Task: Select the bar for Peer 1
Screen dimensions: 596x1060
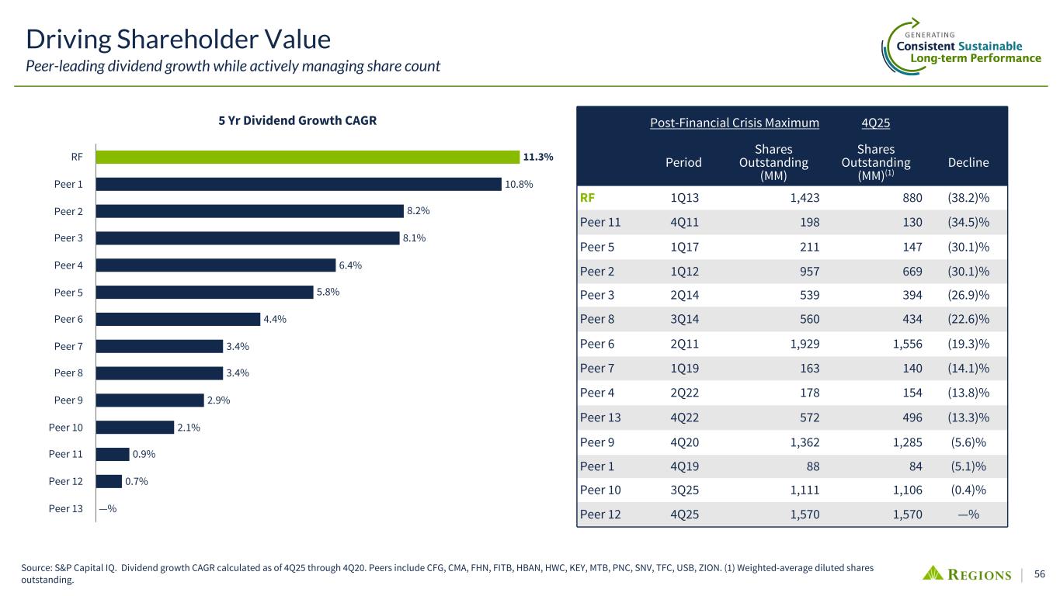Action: coord(299,184)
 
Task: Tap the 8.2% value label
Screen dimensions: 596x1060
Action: coord(419,211)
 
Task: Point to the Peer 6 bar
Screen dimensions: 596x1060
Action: coord(178,319)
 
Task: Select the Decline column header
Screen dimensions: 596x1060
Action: coord(968,162)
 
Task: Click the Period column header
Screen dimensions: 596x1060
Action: coord(683,162)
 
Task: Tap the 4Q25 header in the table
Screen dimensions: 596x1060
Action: coord(875,123)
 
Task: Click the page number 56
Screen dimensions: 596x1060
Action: coord(1040,574)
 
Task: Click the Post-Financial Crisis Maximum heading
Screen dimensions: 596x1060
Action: coord(734,123)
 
